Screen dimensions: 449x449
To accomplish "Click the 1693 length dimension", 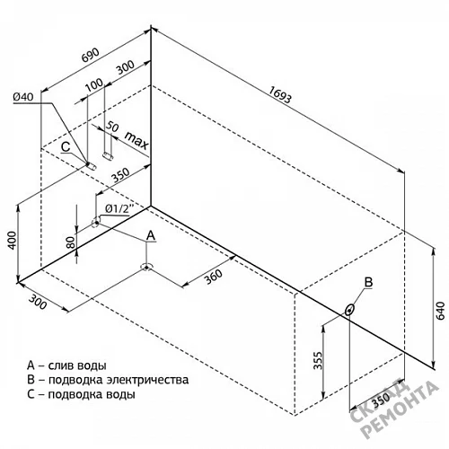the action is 280,94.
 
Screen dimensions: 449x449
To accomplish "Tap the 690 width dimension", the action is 90,55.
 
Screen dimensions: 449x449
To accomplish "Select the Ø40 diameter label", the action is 23,97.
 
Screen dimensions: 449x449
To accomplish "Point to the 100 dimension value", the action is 94,84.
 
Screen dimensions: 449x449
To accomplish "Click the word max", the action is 136,140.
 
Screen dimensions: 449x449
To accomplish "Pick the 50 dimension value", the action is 112,127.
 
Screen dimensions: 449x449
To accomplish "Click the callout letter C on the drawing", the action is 66,147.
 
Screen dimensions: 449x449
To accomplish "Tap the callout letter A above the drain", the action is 151,235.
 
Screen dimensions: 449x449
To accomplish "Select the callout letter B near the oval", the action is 368,282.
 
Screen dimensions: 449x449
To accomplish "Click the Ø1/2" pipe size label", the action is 119,208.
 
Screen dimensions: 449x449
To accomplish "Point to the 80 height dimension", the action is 71,242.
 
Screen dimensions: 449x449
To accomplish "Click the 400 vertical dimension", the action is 12,240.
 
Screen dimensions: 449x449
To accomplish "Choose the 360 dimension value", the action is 214,277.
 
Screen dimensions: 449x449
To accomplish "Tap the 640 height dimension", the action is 441,311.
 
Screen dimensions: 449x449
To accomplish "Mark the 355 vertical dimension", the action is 319,361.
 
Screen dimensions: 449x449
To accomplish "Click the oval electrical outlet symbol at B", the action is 349,310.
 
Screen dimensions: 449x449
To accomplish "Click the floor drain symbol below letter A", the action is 146,267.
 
